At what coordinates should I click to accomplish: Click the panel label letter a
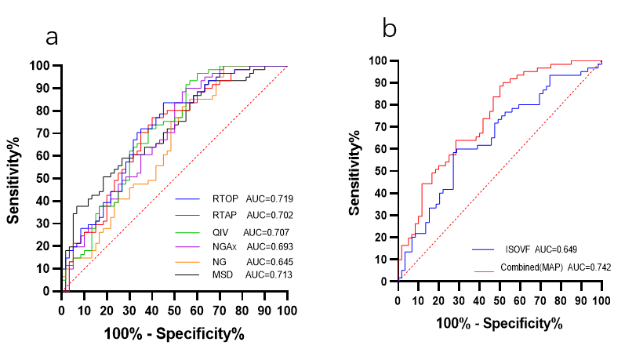coord(53,37)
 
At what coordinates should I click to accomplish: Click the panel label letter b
coord(390,29)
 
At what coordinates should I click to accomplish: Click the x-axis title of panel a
coord(174,335)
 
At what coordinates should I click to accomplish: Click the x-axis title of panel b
coord(500,323)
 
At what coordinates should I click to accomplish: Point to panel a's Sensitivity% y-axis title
coord(14,178)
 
